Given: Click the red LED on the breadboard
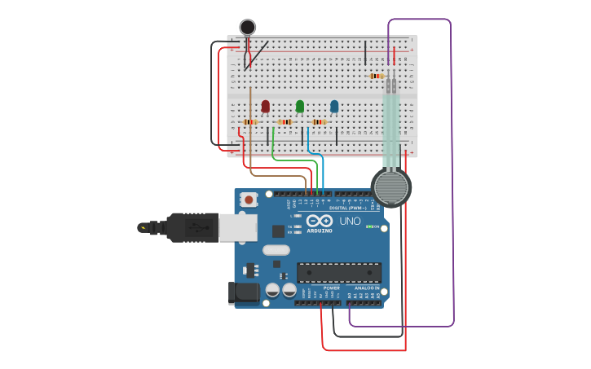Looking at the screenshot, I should tap(265, 106).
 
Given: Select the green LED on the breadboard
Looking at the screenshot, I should tap(300, 106).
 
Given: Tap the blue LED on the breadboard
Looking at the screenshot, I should tap(334, 106).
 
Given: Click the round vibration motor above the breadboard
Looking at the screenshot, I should tap(247, 28).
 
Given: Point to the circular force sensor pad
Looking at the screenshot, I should tap(391, 187).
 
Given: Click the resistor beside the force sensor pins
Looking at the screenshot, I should tap(376, 76).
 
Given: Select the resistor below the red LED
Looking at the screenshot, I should tap(250, 122).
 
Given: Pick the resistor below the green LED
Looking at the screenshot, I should tap(284, 122).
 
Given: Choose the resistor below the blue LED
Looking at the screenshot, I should tap(319, 122).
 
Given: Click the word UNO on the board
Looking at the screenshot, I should tap(350, 221).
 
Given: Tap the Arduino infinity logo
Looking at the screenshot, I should tap(320, 221).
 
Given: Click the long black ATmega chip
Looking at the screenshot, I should tap(339, 272).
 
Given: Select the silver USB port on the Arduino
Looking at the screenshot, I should tap(238, 228).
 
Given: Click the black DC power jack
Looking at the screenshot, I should tap(245, 292).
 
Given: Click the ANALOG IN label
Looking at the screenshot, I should tap(365, 288).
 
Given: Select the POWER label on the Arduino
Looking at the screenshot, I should tap(332, 288).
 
